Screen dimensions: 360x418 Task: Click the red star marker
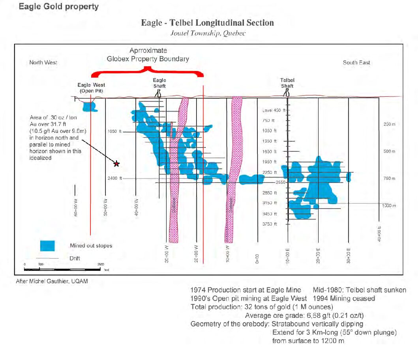(x=116, y=164)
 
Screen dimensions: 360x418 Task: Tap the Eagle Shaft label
(x=159, y=83)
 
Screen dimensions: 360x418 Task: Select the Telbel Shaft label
(x=287, y=83)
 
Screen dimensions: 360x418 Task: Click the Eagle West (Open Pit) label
(x=91, y=88)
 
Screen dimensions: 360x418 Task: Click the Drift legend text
(x=75, y=259)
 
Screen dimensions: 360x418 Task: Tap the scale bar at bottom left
(x=62, y=269)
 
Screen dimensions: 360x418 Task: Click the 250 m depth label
(x=389, y=124)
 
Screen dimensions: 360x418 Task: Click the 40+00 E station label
(x=379, y=234)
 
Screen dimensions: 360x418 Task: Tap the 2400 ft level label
(x=114, y=179)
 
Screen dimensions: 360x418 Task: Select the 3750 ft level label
(x=270, y=224)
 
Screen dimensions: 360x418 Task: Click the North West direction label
(x=43, y=63)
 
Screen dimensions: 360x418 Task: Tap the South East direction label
(x=356, y=63)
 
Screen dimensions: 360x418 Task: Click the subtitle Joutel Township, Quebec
(x=208, y=33)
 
